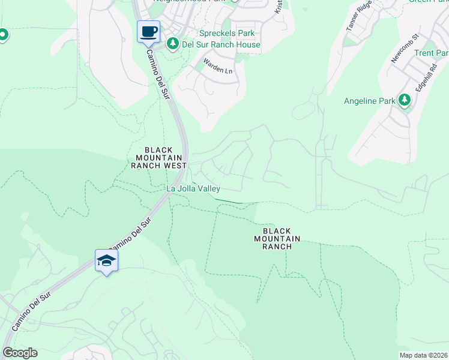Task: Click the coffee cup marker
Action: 149,32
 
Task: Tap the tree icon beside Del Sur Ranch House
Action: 173,43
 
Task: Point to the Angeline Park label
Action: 370,101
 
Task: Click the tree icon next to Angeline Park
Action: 405,100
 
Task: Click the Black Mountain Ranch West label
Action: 158,157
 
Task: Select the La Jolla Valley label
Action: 193,188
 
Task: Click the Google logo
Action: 19,353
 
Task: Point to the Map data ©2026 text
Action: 423,355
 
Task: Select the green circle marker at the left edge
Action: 2,35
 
